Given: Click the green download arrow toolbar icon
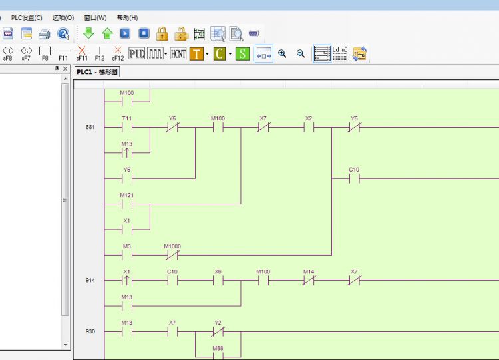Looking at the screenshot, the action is click(88, 33).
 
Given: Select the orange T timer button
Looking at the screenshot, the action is click(196, 53).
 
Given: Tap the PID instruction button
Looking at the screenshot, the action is click(136, 53).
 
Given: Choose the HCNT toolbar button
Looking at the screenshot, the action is click(178, 53).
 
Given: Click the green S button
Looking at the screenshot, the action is click(242, 53).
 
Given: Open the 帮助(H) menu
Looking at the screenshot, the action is click(127, 18).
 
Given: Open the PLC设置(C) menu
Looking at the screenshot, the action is click(27, 18).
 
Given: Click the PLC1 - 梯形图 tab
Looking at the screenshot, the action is click(97, 72).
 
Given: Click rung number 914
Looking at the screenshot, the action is click(90, 280).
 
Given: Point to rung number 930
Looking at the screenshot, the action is click(90, 331).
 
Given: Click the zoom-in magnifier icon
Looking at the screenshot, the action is click(282, 53).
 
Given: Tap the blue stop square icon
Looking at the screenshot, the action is click(144, 33).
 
